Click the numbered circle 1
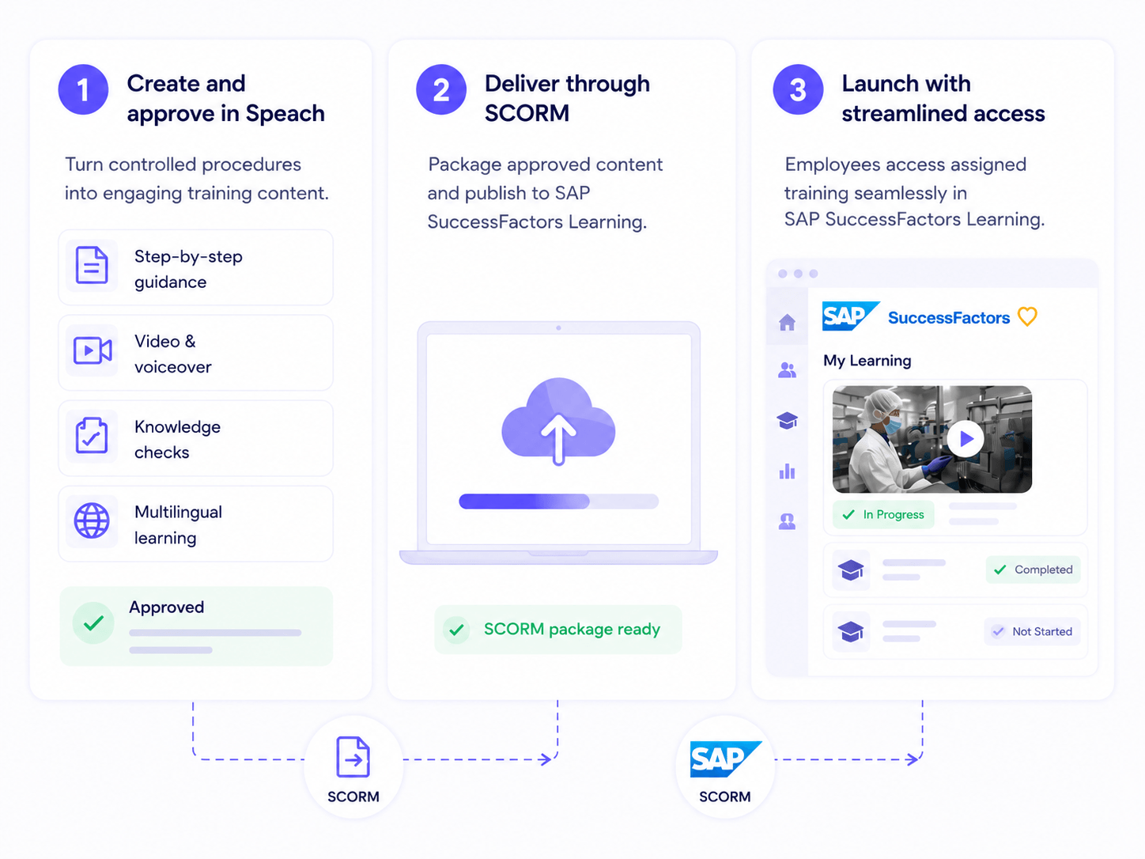(83, 89)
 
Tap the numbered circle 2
(440, 89)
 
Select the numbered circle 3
(798, 89)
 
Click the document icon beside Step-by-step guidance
(92, 266)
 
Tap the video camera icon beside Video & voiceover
(93, 350)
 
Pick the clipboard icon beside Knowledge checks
(92, 436)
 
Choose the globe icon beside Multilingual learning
(92, 520)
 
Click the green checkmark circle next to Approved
(93, 623)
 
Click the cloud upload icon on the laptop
(558, 421)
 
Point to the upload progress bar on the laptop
(559, 501)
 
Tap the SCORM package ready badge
(558, 630)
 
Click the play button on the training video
(966, 439)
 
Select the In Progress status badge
(883, 515)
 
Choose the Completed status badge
(1033, 570)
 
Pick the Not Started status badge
(1033, 632)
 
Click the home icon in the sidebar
(787, 322)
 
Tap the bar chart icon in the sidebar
(787, 471)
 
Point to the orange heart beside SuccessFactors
(1028, 316)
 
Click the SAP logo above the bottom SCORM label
(726, 759)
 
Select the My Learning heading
(867, 361)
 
